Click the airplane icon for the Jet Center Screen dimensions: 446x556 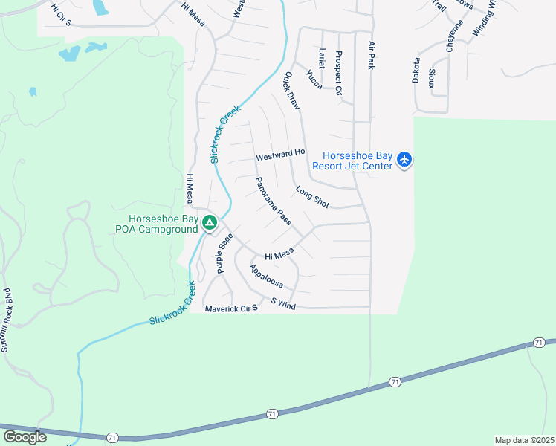(404, 160)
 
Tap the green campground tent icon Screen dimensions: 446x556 (210, 222)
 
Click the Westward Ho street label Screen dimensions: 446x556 (280, 157)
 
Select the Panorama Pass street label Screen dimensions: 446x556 (273, 201)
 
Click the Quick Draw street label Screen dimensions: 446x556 (291, 91)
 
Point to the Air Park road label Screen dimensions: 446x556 (370, 55)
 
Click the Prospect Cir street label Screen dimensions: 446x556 (338, 73)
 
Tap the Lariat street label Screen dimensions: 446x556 (322, 59)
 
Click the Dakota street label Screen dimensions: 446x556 (416, 70)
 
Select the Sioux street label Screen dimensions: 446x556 (432, 77)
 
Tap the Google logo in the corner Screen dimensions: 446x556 (24, 437)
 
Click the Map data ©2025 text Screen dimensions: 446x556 (524, 440)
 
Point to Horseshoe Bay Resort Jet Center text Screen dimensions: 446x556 (357, 161)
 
